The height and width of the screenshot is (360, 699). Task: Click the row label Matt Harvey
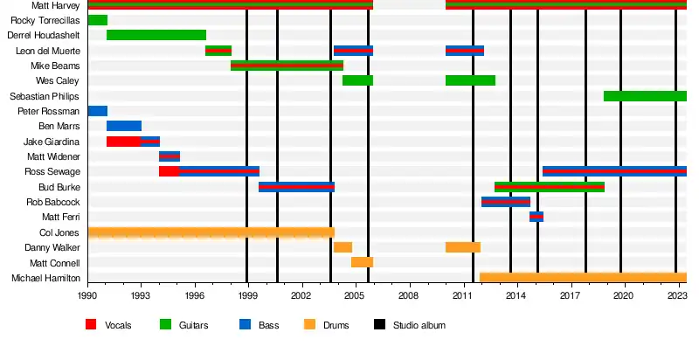click(x=55, y=5)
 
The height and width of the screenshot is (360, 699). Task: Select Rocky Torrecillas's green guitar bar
click(x=97, y=20)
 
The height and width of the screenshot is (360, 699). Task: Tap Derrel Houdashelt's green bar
click(x=156, y=35)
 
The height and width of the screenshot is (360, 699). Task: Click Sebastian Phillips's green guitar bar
click(x=645, y=96)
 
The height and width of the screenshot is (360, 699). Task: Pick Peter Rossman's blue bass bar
click(x=97, y=111)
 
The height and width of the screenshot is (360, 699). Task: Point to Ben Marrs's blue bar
click(x=124, y=126)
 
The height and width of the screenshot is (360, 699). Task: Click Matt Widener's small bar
click(x=170, y=156)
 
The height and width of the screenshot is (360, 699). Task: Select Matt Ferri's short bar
click(x=536, y=217)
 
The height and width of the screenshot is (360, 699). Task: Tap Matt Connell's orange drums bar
click(x=362, y=262)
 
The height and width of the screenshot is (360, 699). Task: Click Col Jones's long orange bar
click(x=211, y=232)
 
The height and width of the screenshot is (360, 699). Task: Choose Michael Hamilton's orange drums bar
click(x=583, y=278)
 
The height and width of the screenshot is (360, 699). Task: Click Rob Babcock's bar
click(x=506, y=202)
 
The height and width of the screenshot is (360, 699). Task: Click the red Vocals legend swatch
click(x=91, y=325)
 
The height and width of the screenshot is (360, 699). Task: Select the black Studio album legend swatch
click(x=379, y=325)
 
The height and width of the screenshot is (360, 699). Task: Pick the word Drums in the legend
click(x=336, y=326)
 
